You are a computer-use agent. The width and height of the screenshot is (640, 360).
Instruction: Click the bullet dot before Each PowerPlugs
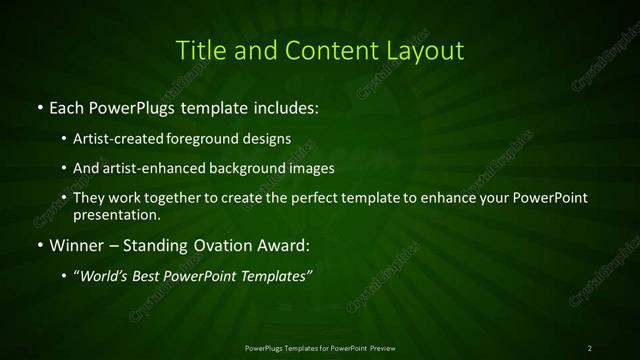[40, 107]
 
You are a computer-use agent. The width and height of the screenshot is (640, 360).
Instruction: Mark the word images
[312, 168]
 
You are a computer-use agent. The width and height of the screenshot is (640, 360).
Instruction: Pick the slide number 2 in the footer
[590, 348]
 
